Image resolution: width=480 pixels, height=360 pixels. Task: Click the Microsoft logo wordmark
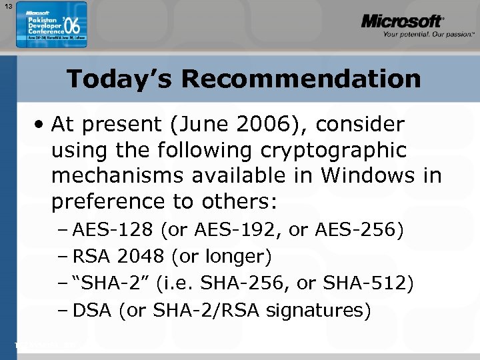[x=401, y=21]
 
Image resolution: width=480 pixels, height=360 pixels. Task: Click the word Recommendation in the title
[x=301, y=79]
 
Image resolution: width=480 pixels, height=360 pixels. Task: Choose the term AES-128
[x=113, y=231]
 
